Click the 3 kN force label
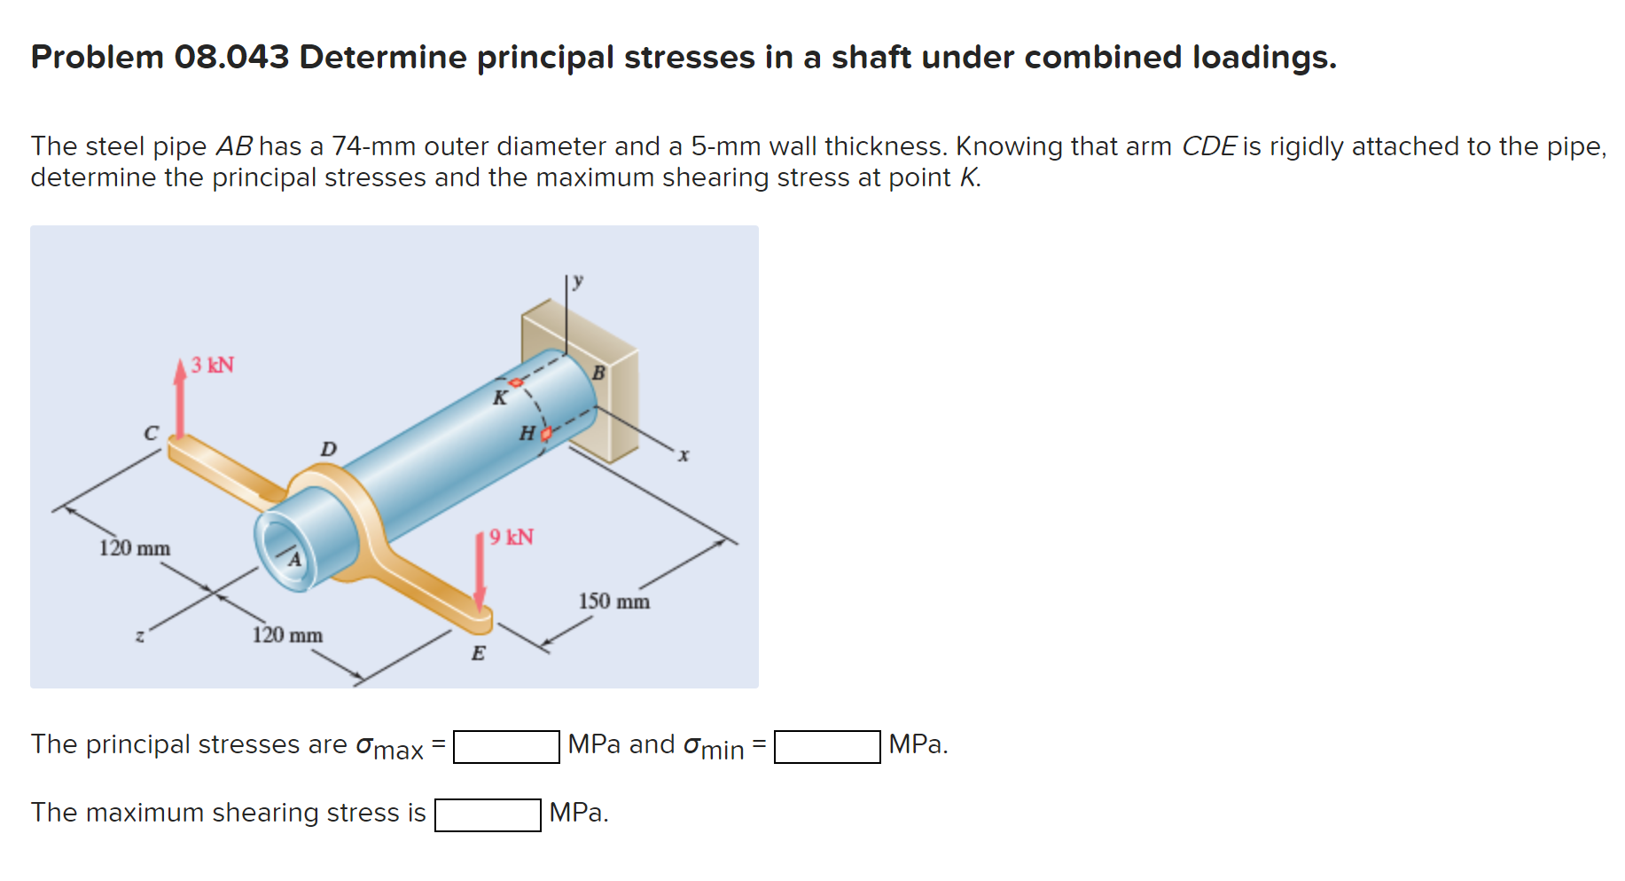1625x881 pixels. tap(213, 365)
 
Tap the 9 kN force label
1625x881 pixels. tap(512, 537)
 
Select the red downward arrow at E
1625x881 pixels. tap(480, 572)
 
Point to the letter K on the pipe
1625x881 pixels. tap(500, 398)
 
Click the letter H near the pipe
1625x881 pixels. tap(527, 433)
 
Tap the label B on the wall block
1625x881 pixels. tap(598, 373)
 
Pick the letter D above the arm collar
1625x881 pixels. tap(328, 449)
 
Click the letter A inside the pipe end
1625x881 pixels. tap(294, 560)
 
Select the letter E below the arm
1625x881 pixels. tap(478, 654)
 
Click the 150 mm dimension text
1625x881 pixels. tap(614, 602)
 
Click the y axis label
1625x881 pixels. tap(578, 281)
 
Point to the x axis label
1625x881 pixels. tap(684, 455)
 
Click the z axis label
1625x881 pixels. tap(139, 635)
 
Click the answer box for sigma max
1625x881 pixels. tap(506, 746)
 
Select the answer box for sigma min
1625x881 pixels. tap(826, 746)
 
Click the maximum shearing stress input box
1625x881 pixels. tap(488, 814)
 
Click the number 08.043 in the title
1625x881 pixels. tap(231, 57)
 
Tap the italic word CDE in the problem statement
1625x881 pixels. tap(1208, 146)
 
